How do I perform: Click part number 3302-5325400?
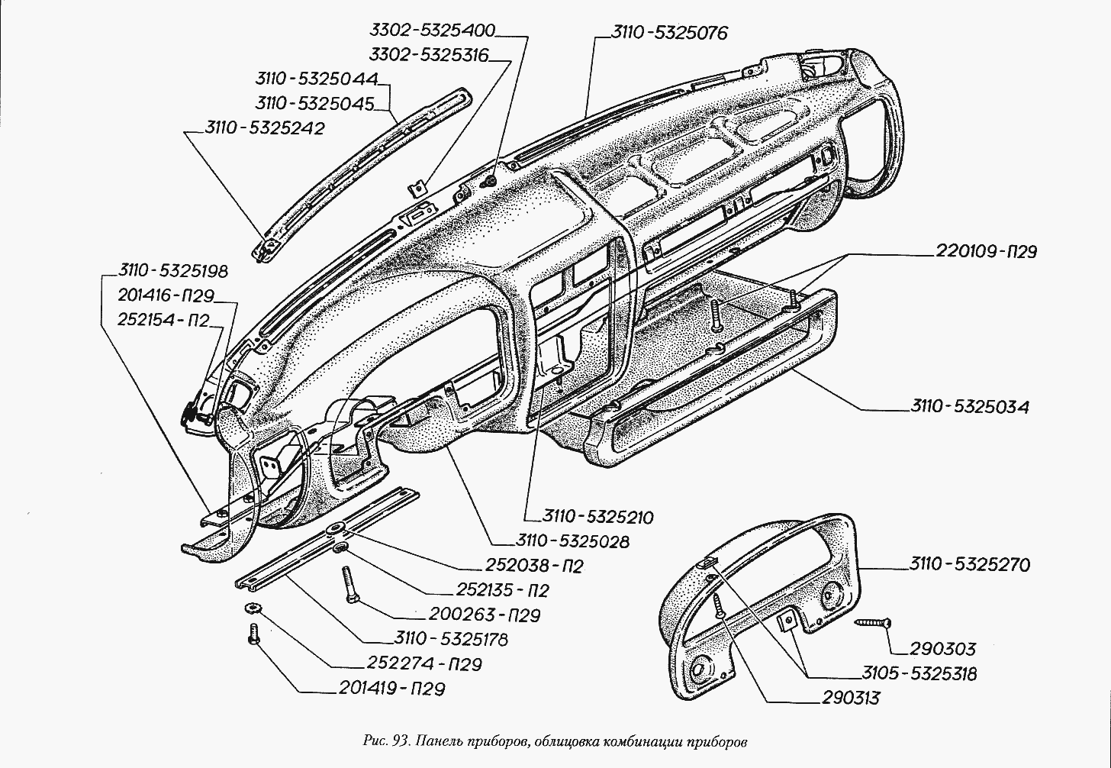tap(433, 31)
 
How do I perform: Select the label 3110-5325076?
tap(669, 33)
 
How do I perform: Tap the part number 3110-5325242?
tap(265, 128)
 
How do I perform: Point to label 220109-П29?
tap(986, 251)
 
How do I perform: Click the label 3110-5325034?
tap(970, 408)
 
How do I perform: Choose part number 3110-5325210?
tap(597, 517)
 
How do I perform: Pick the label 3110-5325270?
tap(970, 565)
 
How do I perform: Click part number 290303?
tap(942, 649)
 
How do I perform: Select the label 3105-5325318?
tap(919, 674)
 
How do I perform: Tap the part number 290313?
tap(851, 698)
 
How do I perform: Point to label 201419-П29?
tap(392, 689)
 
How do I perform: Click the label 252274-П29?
tap(424, 664)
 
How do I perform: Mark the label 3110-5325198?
tap(173, 271)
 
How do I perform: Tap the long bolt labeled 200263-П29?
tap(348, 586)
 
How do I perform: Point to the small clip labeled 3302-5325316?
tap(417, 188)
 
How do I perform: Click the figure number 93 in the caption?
tap(399, 742)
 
